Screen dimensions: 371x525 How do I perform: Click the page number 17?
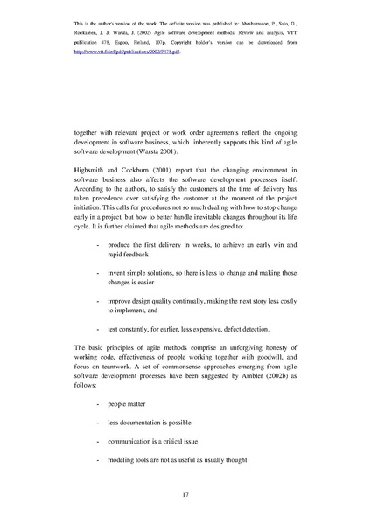pos(185,495)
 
